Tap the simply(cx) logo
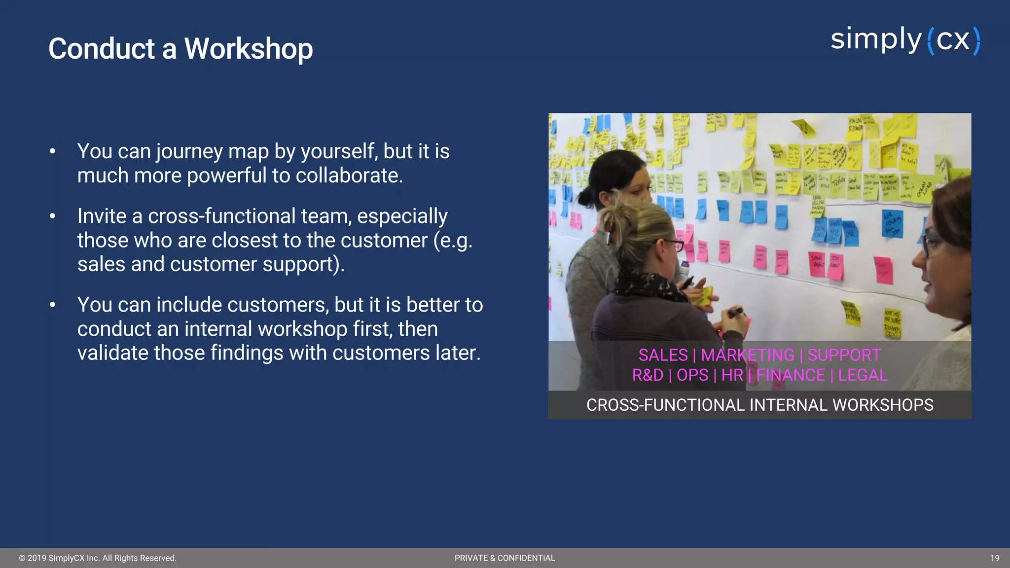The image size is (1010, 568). pos(905,40)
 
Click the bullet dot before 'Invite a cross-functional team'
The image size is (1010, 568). pos(52,216)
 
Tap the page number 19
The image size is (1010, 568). pos(994,558)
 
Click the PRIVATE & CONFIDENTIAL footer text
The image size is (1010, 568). pos(505,558)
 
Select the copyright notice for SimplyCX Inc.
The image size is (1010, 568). pos(98,558)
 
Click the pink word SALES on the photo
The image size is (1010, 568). pos(663,355)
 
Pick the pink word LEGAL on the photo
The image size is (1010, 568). pos(863,375)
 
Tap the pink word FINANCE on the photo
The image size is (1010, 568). pos(790,375)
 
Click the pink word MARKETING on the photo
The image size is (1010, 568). pos(747,355)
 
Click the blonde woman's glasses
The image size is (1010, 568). pos(672,244)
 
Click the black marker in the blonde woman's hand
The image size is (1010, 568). pos(735,312)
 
